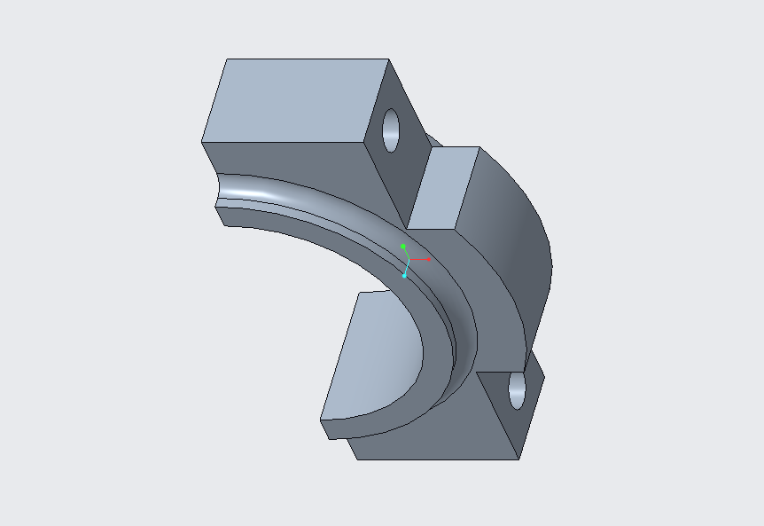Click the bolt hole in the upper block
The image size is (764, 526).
(x=392, y=130)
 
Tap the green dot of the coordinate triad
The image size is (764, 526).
(x=403, y=246)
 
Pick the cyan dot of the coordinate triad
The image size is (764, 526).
(x=404, y=276)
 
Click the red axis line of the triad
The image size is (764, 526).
(x=420, y=260)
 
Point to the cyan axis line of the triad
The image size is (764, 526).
(x=406, y=268)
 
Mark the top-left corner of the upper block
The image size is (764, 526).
(x=227, y=59)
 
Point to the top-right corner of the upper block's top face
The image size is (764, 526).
(x=389, y=59)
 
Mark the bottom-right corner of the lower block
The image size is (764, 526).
(x=519, y=459)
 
